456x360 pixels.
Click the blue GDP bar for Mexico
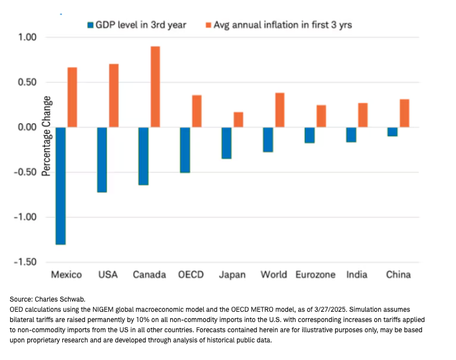coord(61,185)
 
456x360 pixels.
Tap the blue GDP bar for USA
coord(102,159)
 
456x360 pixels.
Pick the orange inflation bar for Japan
coord(238,120)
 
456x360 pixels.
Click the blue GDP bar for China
coord(392,132)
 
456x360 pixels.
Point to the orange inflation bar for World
coord(280,110)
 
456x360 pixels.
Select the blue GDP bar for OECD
coord(185,150)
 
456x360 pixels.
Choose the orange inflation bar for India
coord(362,115)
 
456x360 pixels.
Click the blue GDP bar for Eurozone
coord(310,135)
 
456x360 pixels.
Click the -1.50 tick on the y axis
coord(26,262)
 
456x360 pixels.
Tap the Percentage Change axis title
coord(47,136)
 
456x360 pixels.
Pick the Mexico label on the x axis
coord(66,274)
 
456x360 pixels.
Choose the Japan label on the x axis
coord(232,274)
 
